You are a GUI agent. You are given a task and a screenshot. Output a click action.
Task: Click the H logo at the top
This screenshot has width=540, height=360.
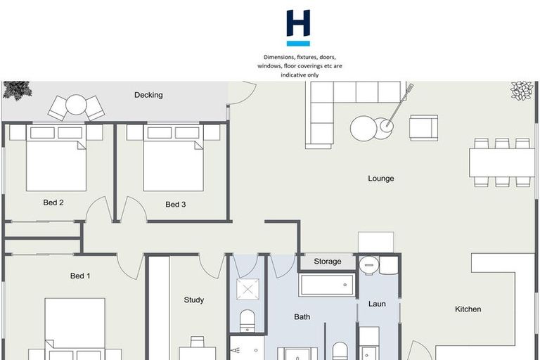298,26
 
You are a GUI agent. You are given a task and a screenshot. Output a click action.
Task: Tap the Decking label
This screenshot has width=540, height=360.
148,95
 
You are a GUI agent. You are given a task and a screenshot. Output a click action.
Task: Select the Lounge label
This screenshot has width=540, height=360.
380,179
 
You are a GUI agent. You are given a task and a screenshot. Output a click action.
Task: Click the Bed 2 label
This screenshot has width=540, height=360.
53,203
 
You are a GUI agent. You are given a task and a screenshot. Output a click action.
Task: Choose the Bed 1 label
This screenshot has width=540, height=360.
80,276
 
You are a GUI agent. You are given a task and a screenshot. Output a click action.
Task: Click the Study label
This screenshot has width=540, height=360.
194,300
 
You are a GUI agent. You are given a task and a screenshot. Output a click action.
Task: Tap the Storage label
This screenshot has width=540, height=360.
327,262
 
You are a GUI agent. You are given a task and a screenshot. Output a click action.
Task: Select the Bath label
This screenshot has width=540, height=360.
302,317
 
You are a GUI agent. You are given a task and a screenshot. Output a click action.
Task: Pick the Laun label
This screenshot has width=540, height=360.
377,304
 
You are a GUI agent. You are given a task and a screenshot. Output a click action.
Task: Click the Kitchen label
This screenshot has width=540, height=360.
468,309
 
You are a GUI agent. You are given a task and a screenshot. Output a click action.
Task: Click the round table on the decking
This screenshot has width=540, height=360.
76,105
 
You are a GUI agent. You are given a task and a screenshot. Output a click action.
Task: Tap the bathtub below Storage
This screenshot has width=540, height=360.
326,285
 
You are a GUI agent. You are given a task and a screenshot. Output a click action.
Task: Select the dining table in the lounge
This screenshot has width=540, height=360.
502,162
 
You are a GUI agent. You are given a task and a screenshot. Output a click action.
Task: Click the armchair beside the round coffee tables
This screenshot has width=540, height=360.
423,127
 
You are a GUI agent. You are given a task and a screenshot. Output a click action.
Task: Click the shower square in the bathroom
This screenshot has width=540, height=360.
247,290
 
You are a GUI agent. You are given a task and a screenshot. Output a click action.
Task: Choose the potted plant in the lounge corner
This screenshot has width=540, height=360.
522,90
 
